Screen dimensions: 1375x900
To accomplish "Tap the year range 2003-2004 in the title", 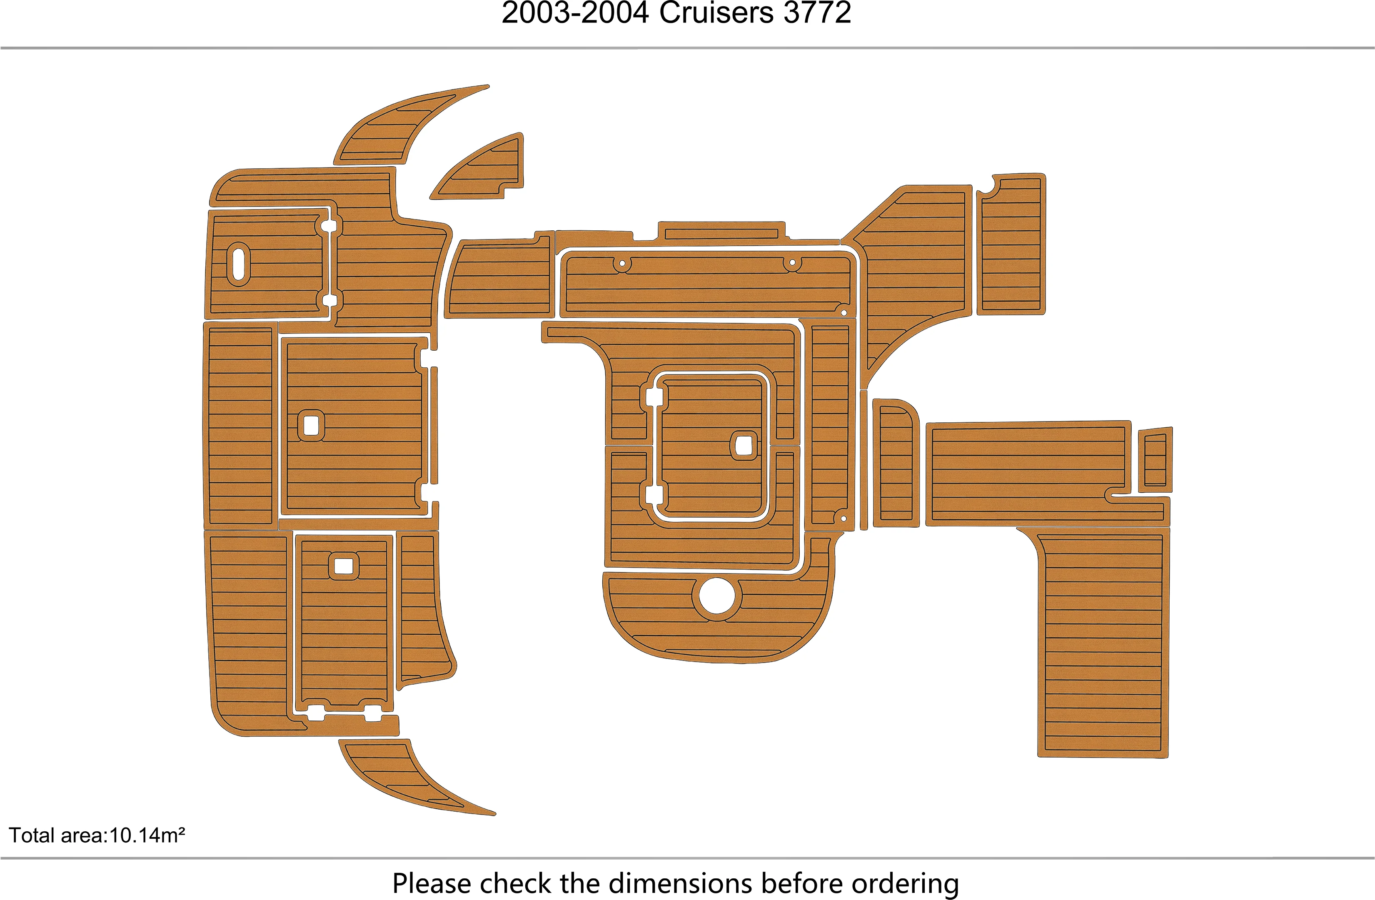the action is (x=575, y=13).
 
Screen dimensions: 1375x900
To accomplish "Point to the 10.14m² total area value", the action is (x=147, y=836).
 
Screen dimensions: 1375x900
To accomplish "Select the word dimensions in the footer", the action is (x=681, y=884).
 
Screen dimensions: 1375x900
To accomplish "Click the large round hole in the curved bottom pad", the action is (x=716, y=595).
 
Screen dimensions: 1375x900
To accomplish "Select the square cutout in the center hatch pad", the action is (x=744, y=445).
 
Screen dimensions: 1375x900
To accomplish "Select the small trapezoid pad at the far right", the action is (x=1155, y=459).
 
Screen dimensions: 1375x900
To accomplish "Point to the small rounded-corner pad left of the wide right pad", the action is (x=895, y=462).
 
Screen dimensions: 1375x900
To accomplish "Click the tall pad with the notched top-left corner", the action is (x=1011, y=245).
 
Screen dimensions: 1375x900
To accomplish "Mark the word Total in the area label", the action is (x=32, y=836).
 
